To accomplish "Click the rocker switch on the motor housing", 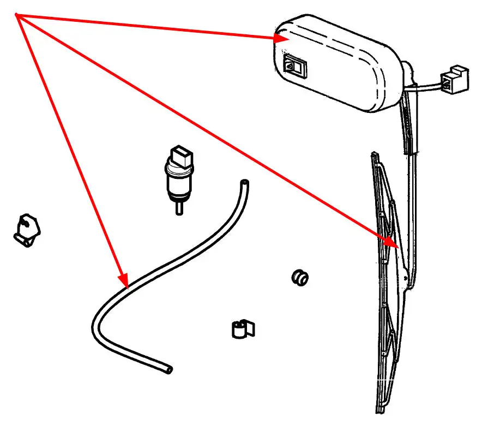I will point(295,67).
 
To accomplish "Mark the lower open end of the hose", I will point(169,370).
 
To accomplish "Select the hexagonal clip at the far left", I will point(26,229).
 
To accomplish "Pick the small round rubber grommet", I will point(299,277).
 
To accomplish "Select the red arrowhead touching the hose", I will point(124,280).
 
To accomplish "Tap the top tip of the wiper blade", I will point(373,155).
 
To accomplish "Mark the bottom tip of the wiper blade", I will point(381,410).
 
